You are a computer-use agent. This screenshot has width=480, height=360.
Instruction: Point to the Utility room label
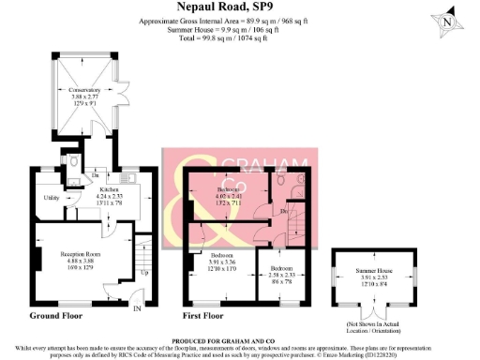point(52,197)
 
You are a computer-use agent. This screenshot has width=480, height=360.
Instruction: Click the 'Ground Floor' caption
point(52,316)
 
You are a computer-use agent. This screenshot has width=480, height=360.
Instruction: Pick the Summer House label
point(374,270)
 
